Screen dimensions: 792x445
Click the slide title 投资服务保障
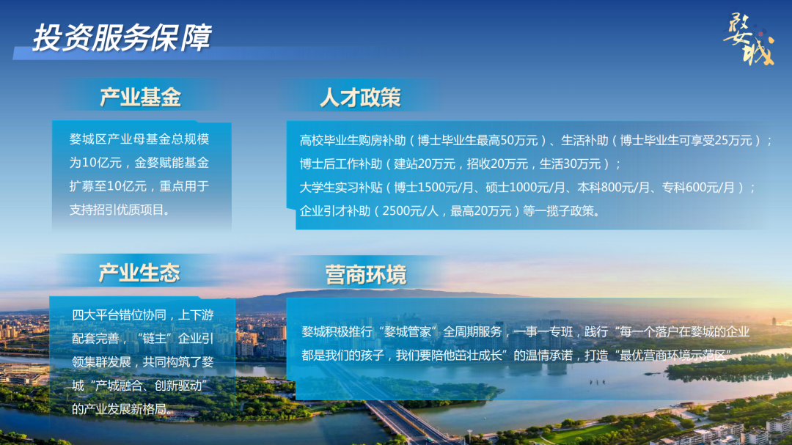[x=122, y=37]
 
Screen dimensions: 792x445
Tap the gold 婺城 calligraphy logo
[x=749, y=40]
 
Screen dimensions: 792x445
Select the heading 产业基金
[x=140, y=97]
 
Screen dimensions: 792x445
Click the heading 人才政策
[x=360, y=97]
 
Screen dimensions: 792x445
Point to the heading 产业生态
[x=139, y=273]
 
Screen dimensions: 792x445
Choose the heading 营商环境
[x=366, y=275]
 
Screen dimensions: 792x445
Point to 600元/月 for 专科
[x=710, y=188]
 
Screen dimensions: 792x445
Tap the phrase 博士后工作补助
[x=341, y=164]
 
